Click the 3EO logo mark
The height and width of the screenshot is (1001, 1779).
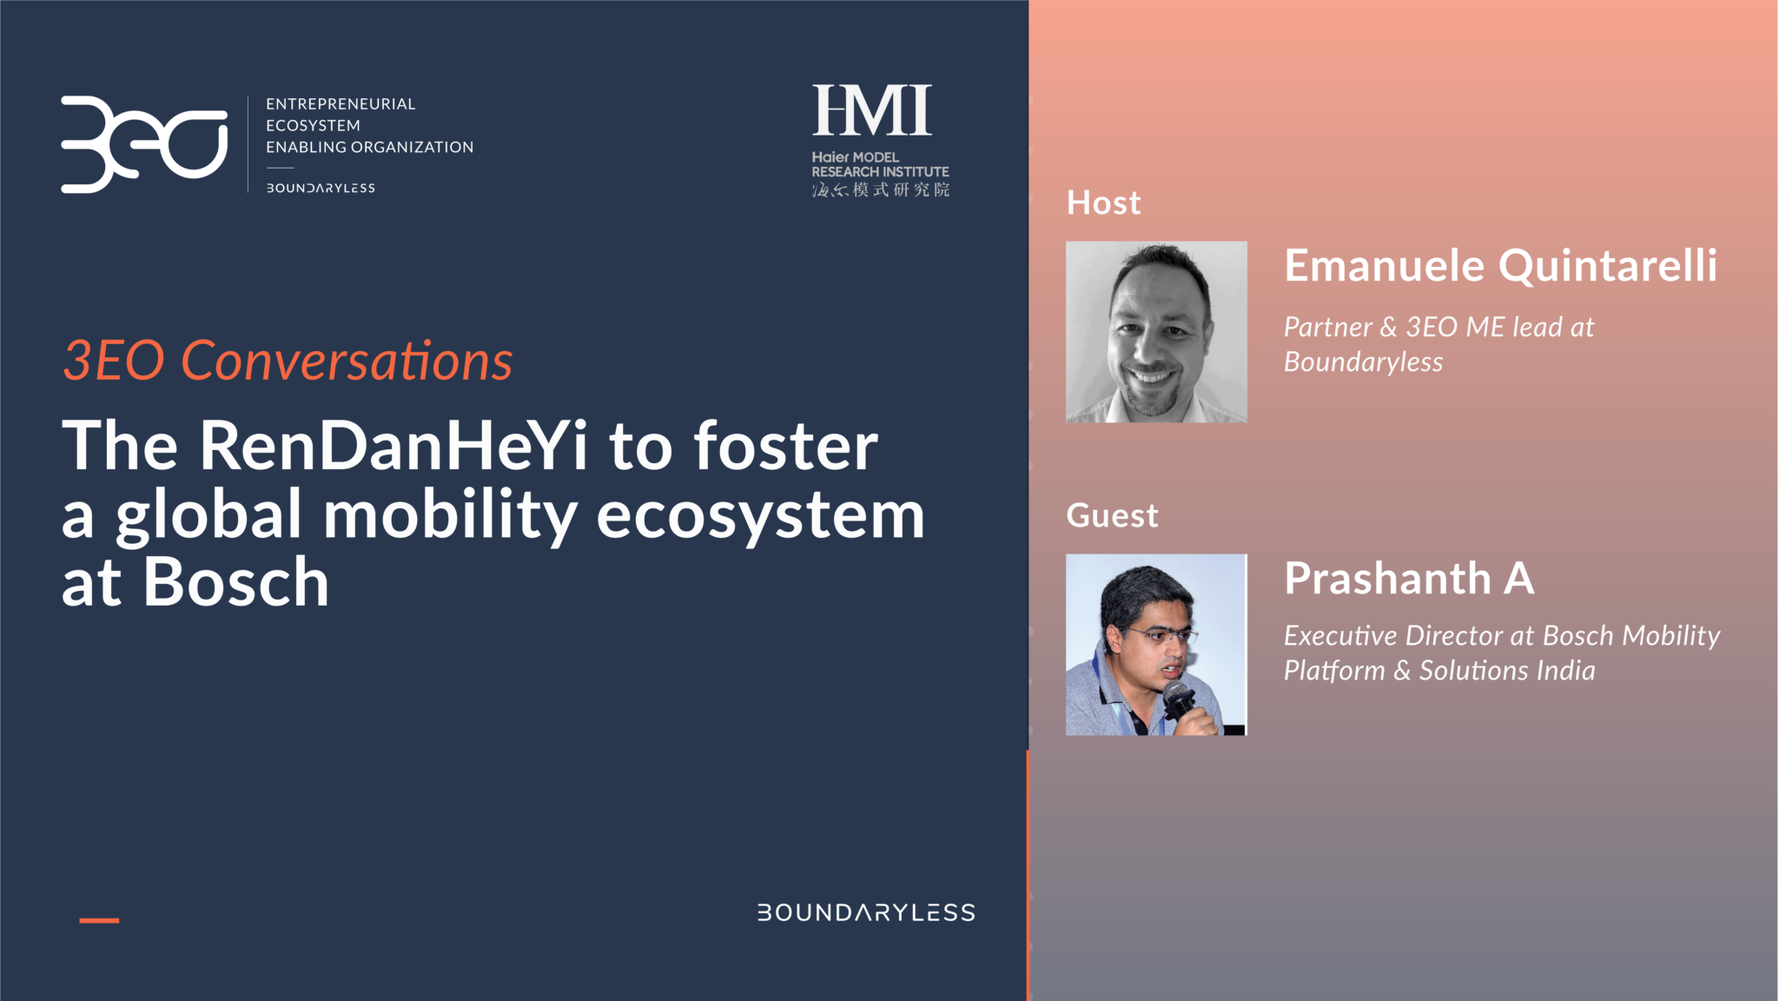coord(144,143)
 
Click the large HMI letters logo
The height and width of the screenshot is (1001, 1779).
coord(871,110)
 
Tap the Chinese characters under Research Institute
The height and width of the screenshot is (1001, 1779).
coord(880,189)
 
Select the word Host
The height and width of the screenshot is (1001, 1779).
coord(1103,202)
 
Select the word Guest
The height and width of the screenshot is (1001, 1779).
coord(1112,515)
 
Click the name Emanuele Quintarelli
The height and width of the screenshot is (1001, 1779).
coord(1500,265)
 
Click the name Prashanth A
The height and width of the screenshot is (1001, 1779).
coord(1409,578)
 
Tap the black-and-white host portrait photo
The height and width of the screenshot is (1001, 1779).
coord(1156,332)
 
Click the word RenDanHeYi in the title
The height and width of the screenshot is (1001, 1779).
coord(393,446)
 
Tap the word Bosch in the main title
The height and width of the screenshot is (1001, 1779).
coord(236,582)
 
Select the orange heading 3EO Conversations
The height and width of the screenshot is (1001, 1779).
coord(288,360)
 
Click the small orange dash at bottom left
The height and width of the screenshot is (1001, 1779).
coord(99,920)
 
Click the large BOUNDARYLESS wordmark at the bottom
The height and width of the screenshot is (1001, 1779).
coord(866,912)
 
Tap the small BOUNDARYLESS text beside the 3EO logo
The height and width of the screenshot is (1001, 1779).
coord(321,188)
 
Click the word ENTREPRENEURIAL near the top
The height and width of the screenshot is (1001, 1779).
coord(341,104)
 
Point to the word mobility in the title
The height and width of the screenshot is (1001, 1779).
coord(450,515)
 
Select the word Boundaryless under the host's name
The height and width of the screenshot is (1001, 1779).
coord(1363,362)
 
